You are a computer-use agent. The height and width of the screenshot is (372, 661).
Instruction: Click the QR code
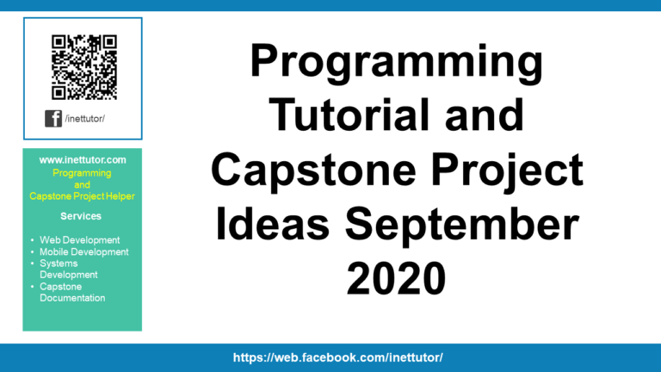point(83,65)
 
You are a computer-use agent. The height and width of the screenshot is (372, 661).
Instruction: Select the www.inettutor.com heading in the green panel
point(83,160)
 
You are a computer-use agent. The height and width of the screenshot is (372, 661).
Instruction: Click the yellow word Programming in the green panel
point(82,173)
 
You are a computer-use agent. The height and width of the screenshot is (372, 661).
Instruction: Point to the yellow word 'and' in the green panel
point(82,184)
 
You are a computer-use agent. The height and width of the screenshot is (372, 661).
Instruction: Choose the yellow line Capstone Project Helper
point(83,195)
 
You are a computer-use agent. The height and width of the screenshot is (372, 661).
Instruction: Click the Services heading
point(82,216)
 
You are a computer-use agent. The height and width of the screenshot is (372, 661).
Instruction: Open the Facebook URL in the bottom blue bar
point(338,356)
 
